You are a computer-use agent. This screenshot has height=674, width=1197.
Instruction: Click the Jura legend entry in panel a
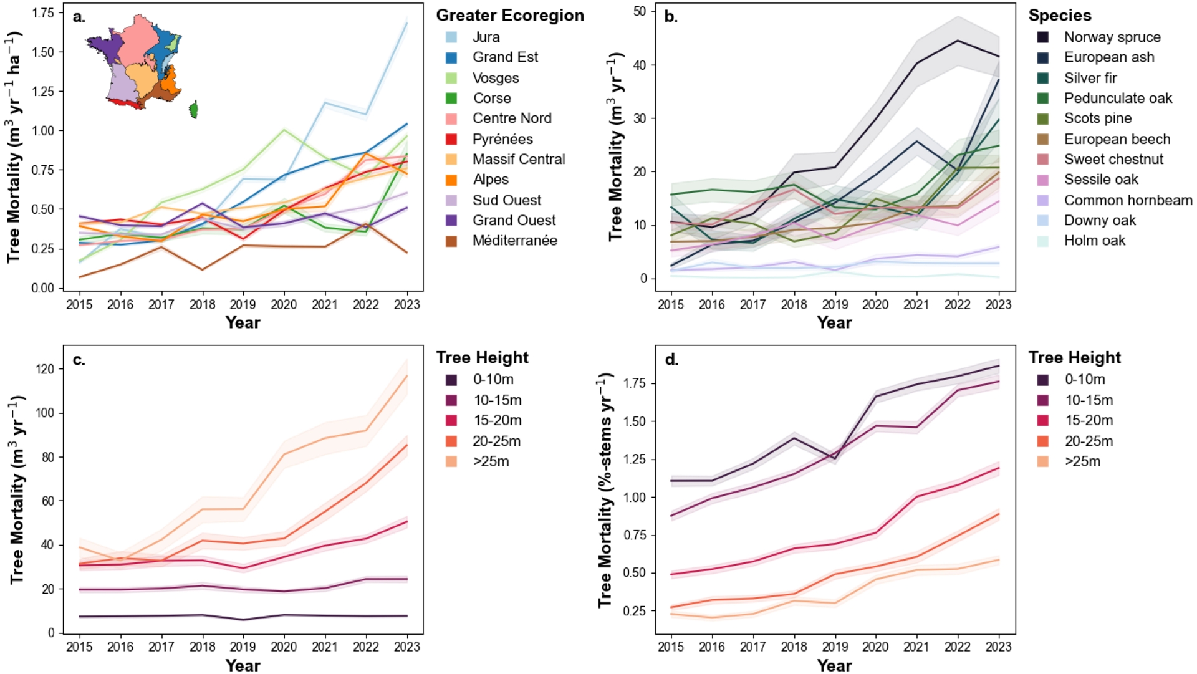pos(486,37)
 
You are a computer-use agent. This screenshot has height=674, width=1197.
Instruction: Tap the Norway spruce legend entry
pos(1112,37)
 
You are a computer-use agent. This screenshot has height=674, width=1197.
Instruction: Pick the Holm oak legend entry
pos(1094,241)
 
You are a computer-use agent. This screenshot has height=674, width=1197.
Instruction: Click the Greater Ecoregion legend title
pos(509,16)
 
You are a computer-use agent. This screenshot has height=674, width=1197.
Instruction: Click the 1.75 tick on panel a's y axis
pos(43,12)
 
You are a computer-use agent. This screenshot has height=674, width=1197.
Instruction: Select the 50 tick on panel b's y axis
pos(640,12)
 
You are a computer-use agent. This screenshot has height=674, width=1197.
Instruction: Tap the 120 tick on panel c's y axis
pos(46,369)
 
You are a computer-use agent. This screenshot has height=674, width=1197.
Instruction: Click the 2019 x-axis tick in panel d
pos(835,647)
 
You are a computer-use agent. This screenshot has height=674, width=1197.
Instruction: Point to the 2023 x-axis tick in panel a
pos(407,304)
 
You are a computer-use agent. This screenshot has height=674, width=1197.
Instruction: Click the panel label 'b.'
pos(671,17)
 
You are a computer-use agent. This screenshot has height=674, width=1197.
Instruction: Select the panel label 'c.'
pos(79,360)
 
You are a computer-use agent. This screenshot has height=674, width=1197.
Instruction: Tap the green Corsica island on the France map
pos(194,110)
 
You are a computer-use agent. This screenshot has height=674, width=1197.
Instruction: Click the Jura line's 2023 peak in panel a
pos(407,23)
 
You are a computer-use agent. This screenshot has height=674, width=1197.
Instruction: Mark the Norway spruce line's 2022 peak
pos(958,41)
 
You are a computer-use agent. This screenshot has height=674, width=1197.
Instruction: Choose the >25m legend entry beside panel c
pos(491,461)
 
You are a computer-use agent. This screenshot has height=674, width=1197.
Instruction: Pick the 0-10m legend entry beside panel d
pos(1084,380)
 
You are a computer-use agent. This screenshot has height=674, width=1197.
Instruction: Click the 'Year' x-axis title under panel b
pos(834,322)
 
